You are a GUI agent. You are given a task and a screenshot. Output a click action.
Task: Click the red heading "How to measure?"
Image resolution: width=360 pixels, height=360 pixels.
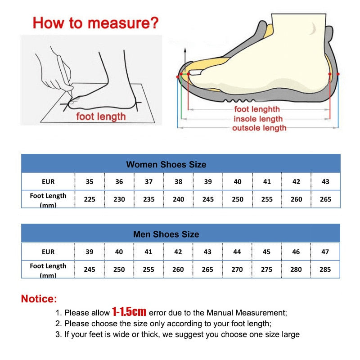[x=96, y=22]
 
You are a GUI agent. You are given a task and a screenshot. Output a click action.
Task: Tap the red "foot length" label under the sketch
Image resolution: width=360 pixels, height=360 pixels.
[x=101, y=117]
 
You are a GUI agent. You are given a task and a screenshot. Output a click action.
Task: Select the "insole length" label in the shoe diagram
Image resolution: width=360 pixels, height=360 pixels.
[x=258, y=119]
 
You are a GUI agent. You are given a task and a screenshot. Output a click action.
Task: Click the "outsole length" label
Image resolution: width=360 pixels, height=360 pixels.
[x=259, y=128]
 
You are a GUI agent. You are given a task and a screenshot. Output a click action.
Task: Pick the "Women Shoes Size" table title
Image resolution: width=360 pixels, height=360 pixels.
[x=166, y=164]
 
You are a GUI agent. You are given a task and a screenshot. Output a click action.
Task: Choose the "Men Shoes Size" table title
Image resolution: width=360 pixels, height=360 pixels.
[x=166, y=234]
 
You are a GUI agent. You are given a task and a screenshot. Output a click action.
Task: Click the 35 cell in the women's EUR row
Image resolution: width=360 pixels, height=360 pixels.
[x=90, y=182]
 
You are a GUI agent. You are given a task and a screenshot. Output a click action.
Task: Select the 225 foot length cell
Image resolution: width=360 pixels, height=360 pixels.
[x=90, y=199]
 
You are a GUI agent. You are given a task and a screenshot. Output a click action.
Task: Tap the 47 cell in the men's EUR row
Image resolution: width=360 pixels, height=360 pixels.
[x=325, y=252]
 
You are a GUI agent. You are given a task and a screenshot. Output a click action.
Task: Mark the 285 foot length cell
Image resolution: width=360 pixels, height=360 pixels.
[x=325, y=269]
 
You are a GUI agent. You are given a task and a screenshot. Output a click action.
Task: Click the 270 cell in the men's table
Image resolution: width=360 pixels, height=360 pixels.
[x=237, y=269]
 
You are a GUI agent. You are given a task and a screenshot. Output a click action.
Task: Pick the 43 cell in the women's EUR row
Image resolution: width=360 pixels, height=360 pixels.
[x=325, y=182]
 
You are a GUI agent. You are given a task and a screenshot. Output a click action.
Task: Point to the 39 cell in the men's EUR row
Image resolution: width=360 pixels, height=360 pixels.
[x=90, y=252]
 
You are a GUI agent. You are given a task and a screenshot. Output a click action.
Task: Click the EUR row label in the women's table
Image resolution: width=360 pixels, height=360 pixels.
[x=48, y=182]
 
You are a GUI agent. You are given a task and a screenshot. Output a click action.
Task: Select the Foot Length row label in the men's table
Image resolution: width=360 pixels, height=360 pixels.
[x=48, y=269]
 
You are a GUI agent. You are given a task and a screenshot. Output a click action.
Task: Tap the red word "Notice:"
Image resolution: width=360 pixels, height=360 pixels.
[x=39, y=298]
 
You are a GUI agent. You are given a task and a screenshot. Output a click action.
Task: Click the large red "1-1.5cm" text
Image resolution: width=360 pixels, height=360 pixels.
[x=129, y=311]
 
